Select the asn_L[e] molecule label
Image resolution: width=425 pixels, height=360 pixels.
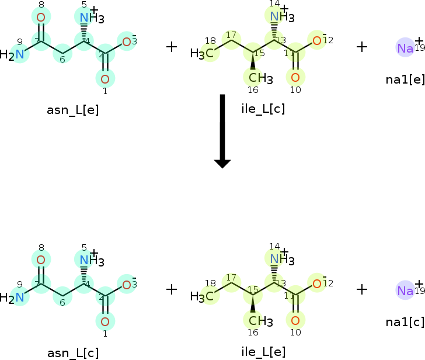pos(73,109)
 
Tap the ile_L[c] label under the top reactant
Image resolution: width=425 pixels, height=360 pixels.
pos(263,108)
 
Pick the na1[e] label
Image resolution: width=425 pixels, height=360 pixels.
pos(405,78)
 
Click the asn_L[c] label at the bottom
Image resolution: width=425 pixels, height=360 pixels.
pos(73,352)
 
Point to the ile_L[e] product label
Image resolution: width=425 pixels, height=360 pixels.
pos(263,351)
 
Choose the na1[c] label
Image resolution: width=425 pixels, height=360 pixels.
pos(405,321)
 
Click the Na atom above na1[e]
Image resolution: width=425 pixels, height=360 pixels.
pos(405,48)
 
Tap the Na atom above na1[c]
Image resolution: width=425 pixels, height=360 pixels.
pos(405,290)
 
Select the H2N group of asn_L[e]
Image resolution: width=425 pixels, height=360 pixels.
pos(14,56)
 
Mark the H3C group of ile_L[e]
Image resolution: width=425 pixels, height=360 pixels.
pos(201,296)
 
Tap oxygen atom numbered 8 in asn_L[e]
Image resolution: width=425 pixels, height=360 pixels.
pos(40,18)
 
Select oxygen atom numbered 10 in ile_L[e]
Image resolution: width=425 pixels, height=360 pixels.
pos(295,320)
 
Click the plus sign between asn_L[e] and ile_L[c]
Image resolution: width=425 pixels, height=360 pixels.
pos(172,47)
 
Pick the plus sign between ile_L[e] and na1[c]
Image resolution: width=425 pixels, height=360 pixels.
pos(362,289)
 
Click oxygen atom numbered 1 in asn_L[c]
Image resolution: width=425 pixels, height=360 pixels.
pos(105,321)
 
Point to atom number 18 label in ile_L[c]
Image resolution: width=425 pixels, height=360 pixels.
pos(211,40)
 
